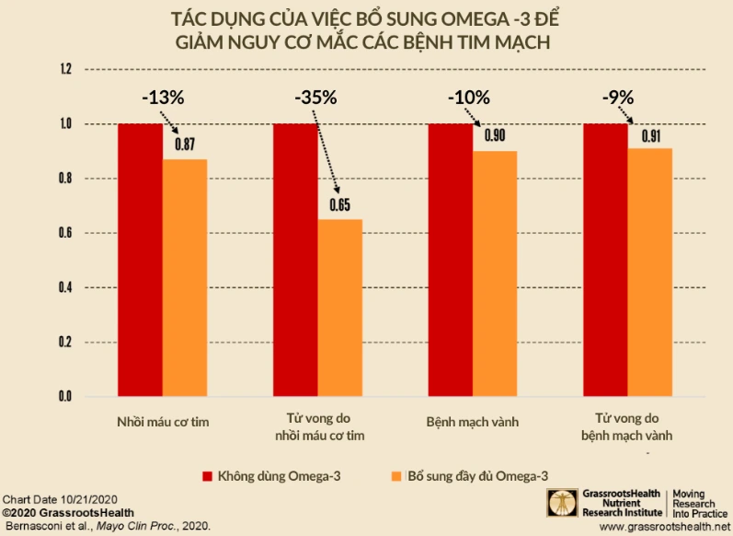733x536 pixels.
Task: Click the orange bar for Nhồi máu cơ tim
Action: [x=185, y=277]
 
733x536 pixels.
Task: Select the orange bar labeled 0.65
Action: [x=340, y=308]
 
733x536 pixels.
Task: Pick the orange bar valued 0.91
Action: [x=650, y=272]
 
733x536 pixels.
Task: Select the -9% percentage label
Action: [x=617, y=98]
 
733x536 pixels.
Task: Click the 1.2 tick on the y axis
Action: [x=65, y=70]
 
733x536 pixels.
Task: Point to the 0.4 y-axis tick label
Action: [x=65, y=288]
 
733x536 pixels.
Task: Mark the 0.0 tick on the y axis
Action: [x=65, y=397]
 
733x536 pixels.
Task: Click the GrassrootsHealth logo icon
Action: [x=559, y=502]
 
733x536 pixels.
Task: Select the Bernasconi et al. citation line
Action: [x=107, y=525]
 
